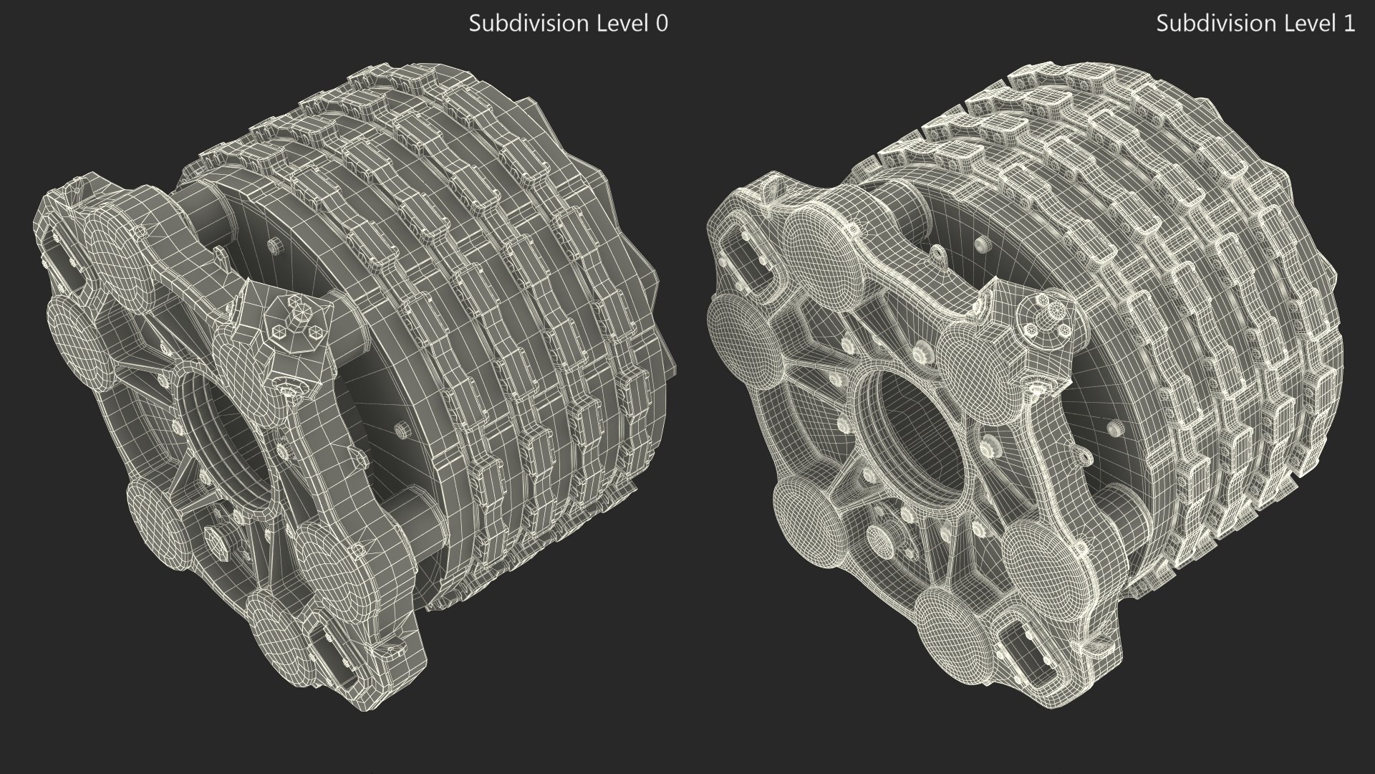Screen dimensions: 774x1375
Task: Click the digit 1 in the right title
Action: (x=1349, y=24)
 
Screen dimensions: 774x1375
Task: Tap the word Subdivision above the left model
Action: (x=528, y=24)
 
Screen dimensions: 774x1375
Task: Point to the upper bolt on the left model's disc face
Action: (x=273, y=244)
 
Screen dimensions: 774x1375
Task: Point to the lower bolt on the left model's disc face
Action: (x=401, y=429)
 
